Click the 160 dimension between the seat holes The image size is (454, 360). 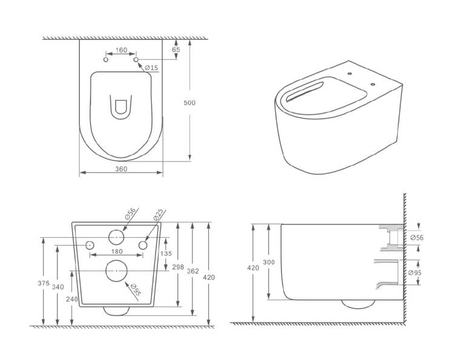pos(121,50)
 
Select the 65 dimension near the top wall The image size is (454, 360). pos(176,50)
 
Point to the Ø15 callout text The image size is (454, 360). pos(151,68)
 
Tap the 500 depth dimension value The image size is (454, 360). pos(189,103)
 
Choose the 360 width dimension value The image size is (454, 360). pos(121,169)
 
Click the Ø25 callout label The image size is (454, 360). pos(159,215)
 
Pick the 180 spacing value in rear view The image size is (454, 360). pos(117,252)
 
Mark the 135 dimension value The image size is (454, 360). pos(166,254)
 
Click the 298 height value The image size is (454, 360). pos(178,267)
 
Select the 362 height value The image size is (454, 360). pos(193,271)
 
